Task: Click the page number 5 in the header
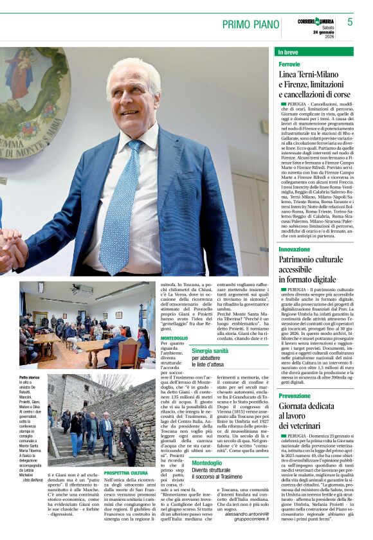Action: [x=350, y=22]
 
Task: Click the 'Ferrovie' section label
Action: [x=289, y=65]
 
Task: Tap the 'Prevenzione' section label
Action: [x=295, y=396]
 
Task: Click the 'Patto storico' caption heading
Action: [x=30, y=377]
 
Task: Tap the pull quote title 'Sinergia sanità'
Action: [x=210, y=350]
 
